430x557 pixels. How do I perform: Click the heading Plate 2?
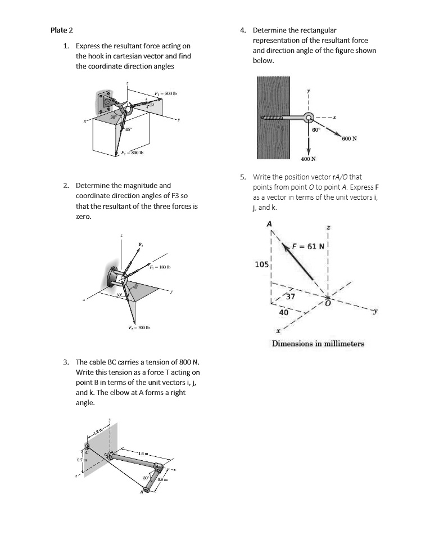point(61,30)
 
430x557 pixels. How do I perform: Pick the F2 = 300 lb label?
point(134,327)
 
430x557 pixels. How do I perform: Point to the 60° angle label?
point(316,129)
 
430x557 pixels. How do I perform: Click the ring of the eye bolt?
point(309,118)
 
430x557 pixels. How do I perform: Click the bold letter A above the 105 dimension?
point(269,224)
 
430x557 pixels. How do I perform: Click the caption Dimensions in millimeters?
point(318,344)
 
